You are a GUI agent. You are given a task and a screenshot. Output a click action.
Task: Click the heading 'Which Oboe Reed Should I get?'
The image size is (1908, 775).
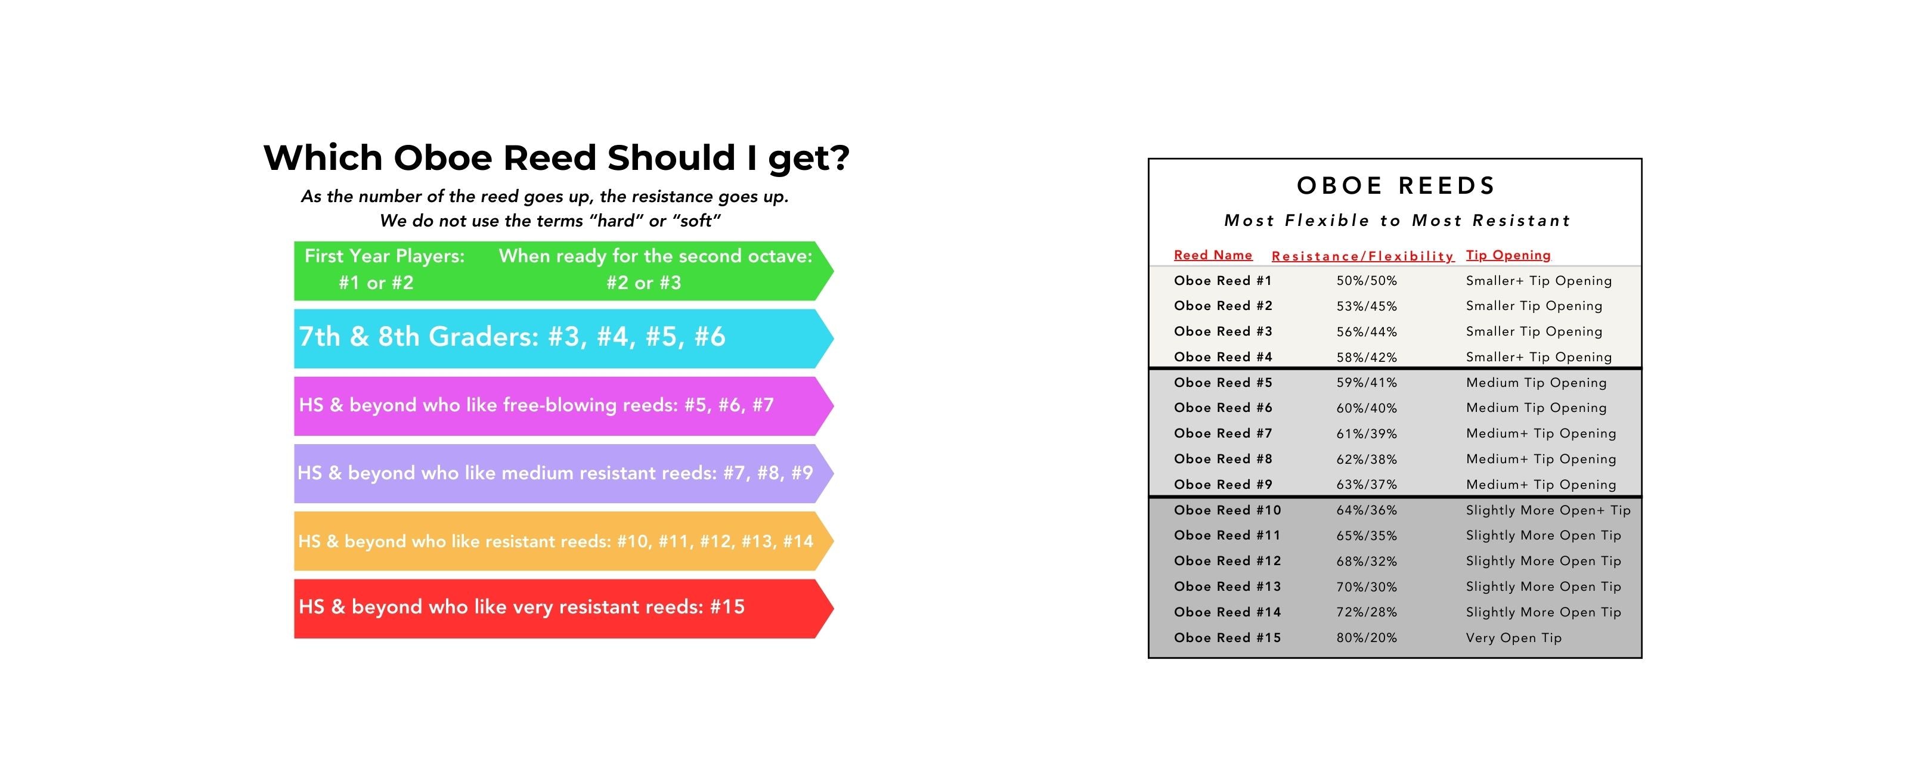(556, 159)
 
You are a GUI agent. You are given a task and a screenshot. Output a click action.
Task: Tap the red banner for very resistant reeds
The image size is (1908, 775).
(563, 608)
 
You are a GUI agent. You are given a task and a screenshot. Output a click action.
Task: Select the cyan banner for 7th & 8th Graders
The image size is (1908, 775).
(563, 339)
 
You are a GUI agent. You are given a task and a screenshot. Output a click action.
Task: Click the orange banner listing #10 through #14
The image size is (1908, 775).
(563, 541)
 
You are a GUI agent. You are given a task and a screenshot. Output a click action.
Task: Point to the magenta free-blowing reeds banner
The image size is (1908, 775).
(563, 406)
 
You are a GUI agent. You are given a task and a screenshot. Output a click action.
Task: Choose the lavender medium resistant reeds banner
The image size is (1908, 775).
(563, 473)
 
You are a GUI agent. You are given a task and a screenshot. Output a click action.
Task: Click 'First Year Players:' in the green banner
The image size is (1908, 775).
(385, 256)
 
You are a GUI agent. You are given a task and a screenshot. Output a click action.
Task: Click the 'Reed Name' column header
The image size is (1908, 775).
(1213, 255)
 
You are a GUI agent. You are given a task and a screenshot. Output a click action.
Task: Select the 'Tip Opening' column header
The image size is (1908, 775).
(1508, 255)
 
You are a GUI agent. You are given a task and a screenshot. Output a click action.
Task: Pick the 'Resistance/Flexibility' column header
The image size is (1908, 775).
(1363, 256)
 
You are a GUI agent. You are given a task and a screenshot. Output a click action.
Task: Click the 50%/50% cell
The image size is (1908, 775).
(1367, 281)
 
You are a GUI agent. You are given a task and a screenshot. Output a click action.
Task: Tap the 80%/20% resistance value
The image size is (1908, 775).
(1367, 638)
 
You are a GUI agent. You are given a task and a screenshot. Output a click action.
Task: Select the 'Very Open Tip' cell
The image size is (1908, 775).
(1514, 638)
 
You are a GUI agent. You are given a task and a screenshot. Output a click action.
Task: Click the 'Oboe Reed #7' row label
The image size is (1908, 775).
(1223, 433)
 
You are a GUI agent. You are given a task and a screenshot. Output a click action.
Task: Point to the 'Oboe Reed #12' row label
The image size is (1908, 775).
(1227, 561)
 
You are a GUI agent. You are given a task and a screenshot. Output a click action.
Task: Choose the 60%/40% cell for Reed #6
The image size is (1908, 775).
(1367, 408)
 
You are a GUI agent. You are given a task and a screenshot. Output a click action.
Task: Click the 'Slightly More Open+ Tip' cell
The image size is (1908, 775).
(1548, 510)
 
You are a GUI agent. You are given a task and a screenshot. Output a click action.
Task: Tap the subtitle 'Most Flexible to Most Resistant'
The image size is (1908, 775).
(1397, 220)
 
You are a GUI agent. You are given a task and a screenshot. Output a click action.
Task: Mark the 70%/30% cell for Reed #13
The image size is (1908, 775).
(1367, 587)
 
